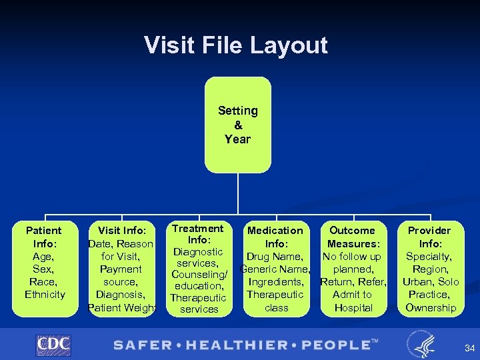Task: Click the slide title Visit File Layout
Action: pyautogui.click(x=236, y=45)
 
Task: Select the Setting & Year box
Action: pyautogui.click(x=237, y=125)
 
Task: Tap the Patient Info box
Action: pyautogui.click(x=44, y=267)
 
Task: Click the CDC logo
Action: pyautogui.click(x=53, y=345)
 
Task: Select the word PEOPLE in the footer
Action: pyautogui.click(x=333, y=345)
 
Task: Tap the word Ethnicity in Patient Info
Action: pyautogui.click(x=45, y=295)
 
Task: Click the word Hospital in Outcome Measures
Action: pyautogui.click(x=353, y=307)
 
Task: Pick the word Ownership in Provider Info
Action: pyautogui.click(x=431, y=307)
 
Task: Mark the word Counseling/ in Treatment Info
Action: pyautogui.click(x=199, y=275)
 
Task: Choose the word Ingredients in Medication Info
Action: pyautogui.click(x=276, y=282)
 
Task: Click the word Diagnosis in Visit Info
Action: pyautogui.click(x=121, y=295)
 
